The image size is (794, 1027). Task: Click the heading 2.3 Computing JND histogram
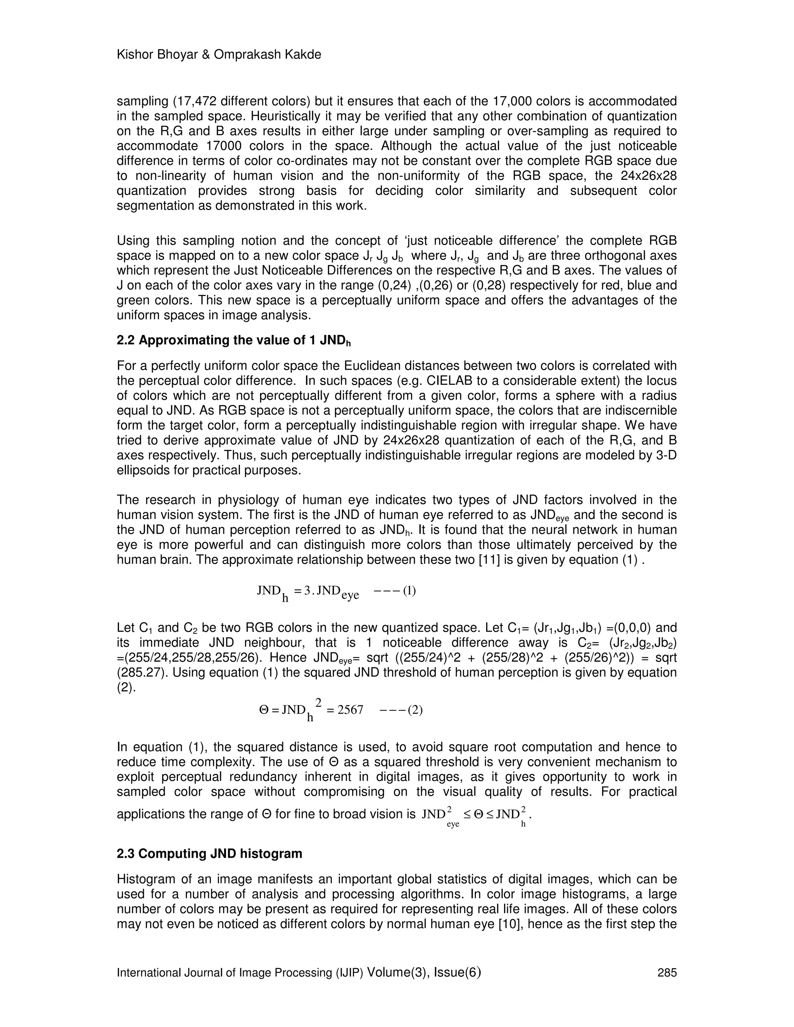pos(209,853)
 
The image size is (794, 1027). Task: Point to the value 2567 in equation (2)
pos(350,710)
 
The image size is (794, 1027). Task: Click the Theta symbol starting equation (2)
pos(263,710)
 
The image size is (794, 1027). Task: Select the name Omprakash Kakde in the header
pos(267,55)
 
